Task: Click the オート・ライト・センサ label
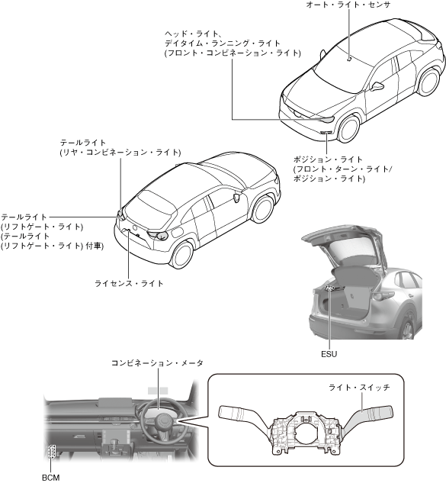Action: click(348, 5)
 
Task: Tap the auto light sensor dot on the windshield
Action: click(349, 60)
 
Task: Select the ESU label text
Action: click(329, 354)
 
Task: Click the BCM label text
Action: click(51, 478)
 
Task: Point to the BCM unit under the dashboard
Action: click(51, 452)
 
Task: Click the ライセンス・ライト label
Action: click(129, 283)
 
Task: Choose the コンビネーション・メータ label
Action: click(157, 363)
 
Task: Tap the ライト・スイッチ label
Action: click(359, 387)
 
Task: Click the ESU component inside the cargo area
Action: click(329, 288)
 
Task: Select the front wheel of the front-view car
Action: click(348, 128)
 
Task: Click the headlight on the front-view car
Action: click(327, 119)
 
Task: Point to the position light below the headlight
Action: click(326, 133)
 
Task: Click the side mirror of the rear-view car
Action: click(236, 197)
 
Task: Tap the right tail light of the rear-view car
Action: click(158, 235)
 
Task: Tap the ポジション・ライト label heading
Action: click(328, 159)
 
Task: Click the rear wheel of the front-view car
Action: click(429, 81)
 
